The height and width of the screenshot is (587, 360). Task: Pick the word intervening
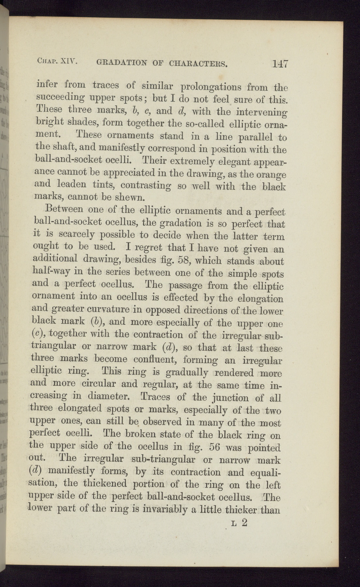(x=260, y=112)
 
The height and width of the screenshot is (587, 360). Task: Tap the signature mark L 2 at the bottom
(x=239, y=523)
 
